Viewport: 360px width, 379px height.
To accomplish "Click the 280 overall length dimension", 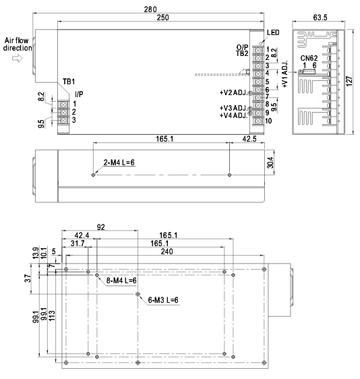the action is pos(150,9).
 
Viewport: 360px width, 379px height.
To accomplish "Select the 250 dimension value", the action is pos(163,18).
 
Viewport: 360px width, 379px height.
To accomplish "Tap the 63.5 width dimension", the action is pos(320,18).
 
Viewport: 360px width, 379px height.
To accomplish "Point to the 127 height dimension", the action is pos(349,81).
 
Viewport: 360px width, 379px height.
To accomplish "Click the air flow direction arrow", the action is pos(18,58).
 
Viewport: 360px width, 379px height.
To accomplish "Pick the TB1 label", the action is pos(69,82).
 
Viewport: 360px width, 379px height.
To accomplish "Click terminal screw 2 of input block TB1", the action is pos(63,112).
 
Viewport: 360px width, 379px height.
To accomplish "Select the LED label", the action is pos(273,32).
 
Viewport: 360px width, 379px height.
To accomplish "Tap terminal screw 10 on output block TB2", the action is pos(258,121).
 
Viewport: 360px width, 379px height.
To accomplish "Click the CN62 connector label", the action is pos(309,58).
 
